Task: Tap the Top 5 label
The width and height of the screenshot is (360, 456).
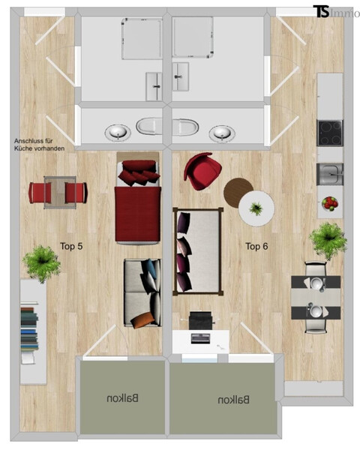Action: point(71,245)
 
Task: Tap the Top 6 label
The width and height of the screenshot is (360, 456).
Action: point(257,245)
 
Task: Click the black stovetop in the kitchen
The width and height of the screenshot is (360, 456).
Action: point(330,133)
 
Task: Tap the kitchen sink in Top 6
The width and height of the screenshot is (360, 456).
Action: point(329,174)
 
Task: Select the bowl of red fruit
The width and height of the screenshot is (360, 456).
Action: point(329,202)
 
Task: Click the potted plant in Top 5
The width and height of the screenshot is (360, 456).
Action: point(41,262)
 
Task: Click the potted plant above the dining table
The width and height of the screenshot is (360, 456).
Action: point(328,239)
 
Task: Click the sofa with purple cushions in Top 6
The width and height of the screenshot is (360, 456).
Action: point(197,251)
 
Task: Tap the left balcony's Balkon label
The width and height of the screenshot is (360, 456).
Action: point(122,399)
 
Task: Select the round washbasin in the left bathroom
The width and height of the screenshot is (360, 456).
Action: point(118,133)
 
